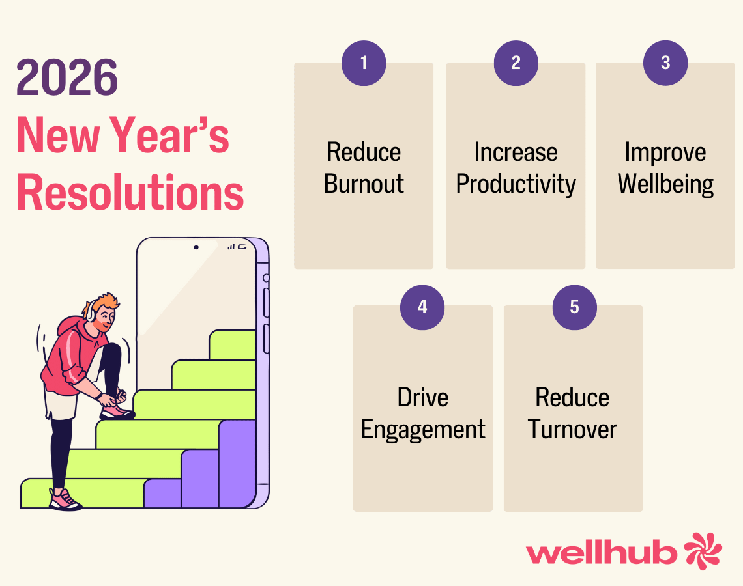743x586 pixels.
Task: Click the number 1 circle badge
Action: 364,63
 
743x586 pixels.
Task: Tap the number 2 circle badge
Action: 516,63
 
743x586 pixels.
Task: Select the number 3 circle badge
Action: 665,63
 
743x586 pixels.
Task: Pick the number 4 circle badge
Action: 422,307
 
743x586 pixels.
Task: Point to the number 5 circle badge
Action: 574,307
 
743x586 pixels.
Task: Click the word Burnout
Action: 364,184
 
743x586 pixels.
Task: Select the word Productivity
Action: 516,185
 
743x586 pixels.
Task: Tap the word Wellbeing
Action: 665,185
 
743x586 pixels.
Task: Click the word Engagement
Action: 423,430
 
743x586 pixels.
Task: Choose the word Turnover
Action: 572,429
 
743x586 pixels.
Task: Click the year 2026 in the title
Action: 67,77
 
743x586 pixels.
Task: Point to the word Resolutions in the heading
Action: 130,192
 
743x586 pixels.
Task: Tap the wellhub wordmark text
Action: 602,552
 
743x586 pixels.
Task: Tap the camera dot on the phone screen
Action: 196,247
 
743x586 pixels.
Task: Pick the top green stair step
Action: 233,345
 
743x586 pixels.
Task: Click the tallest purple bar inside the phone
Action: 237,464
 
